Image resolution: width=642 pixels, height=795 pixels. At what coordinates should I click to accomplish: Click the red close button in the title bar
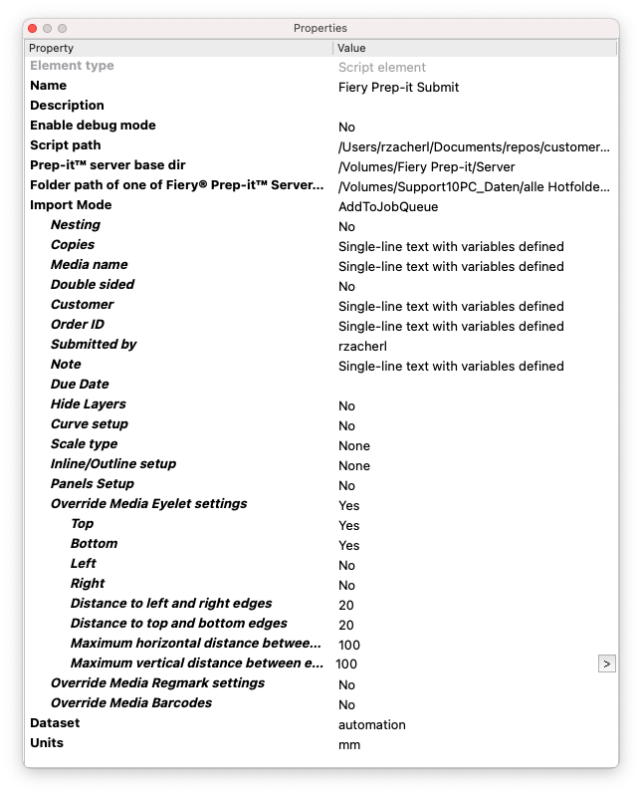tap(33, 29)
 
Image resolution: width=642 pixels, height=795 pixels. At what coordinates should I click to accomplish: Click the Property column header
tap(52, 48)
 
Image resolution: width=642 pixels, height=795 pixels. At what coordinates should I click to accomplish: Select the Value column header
tap(352, 48)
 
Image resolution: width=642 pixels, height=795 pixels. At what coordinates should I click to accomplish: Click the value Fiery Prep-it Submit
tap(398, 87)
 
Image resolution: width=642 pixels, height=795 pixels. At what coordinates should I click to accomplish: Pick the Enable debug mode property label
tap(93, 126)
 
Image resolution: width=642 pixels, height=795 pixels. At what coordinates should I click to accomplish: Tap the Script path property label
tap(66, 145)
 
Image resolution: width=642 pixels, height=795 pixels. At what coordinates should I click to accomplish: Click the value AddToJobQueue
tap(388, 206)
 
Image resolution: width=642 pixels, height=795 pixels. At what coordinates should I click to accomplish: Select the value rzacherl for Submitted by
tap(362, 346)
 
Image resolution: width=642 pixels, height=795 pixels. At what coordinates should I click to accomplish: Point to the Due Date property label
tap(80, 385)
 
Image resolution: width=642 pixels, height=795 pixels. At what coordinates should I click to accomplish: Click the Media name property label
tap(89, 265)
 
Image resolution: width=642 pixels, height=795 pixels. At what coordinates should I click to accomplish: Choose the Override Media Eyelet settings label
tap(148, 504)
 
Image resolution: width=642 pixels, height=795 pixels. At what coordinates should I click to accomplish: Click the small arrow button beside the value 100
tap(607, 663)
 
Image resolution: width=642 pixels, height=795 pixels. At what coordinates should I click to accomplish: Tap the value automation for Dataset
tap(371, 724)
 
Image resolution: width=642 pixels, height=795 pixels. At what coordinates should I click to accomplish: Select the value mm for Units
tap(348, 744)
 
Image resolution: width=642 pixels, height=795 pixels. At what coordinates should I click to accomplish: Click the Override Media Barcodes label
tap(131, 703)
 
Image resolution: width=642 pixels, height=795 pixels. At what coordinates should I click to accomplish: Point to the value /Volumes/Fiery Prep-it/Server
tap(426, 166)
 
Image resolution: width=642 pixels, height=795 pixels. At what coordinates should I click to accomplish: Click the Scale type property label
tap(84, 444)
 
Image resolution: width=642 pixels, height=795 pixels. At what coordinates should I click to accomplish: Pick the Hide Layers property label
tap(88, 404)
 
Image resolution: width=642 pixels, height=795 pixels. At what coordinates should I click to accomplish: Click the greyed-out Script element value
tap(381, 67)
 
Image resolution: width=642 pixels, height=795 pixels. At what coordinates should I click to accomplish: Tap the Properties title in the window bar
tap(320, 29)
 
